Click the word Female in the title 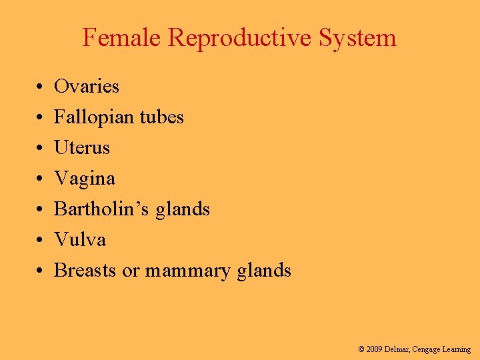click(x=122, y=38)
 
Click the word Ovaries click(x=87, y=87)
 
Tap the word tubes click(x=162, y=117)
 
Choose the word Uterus click(x=82, y=148)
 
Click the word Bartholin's click(x=102, y=209)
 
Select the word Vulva click(x=80, y=240)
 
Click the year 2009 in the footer click(x=376, y=349)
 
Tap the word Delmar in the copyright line click(x=403, y=349)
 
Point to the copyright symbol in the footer click(x=361, y=349)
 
